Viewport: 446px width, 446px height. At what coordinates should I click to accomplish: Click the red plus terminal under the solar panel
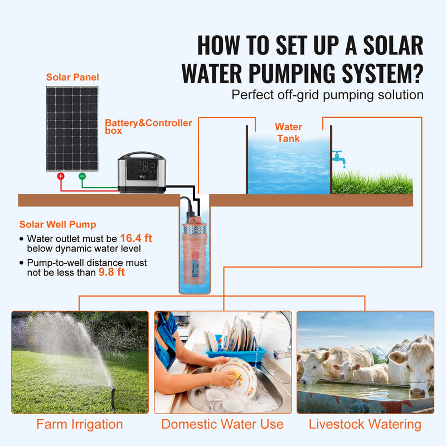61,176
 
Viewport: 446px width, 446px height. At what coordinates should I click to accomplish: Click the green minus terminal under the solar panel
82,176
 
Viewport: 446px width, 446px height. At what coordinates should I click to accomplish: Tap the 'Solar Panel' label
72,77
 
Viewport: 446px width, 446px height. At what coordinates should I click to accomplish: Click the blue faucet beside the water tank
338,157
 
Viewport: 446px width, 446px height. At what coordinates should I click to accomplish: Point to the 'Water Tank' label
288,133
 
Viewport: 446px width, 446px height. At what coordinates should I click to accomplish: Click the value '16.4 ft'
136,238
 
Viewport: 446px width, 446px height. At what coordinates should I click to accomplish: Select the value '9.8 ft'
111,272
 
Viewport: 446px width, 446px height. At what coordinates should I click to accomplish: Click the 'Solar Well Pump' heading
57,225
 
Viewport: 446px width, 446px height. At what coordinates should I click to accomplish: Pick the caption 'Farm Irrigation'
80,424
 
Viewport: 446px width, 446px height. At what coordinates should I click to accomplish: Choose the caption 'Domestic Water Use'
222,424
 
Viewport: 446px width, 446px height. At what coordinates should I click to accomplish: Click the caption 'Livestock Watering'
365,424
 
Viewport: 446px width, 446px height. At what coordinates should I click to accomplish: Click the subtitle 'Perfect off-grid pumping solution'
327,94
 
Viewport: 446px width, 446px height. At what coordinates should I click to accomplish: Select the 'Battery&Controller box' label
148,127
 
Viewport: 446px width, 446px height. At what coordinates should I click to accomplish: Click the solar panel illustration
72,128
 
